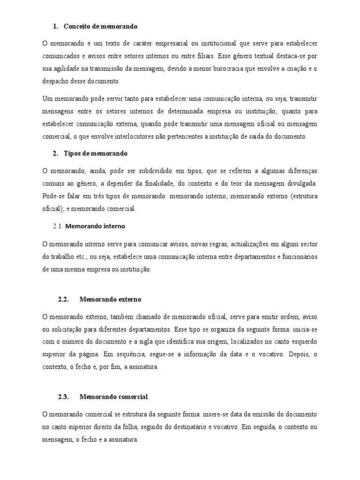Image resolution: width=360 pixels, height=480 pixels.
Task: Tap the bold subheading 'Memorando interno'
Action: [x=95, y=226]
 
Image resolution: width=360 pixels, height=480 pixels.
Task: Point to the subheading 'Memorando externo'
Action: [x=111, y=299]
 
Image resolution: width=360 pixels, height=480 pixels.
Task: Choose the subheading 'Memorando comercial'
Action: [x=113, y=397]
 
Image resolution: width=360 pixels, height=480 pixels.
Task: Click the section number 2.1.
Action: [x=58, y=226]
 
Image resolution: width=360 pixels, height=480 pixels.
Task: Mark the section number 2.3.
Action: [x=63, y=397]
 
